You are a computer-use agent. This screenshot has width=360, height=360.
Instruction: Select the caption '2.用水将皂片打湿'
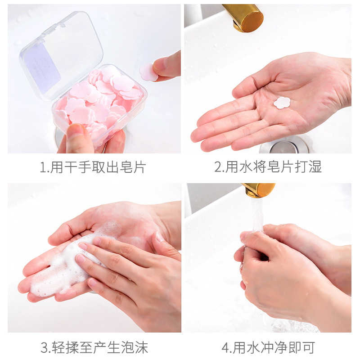268,168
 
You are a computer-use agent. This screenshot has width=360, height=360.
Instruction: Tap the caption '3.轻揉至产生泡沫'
94,347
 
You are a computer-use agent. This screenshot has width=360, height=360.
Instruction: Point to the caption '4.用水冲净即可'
268,347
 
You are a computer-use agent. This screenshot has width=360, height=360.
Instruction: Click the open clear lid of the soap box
61,54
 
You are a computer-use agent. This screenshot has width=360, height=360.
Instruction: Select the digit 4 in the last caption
225,347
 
